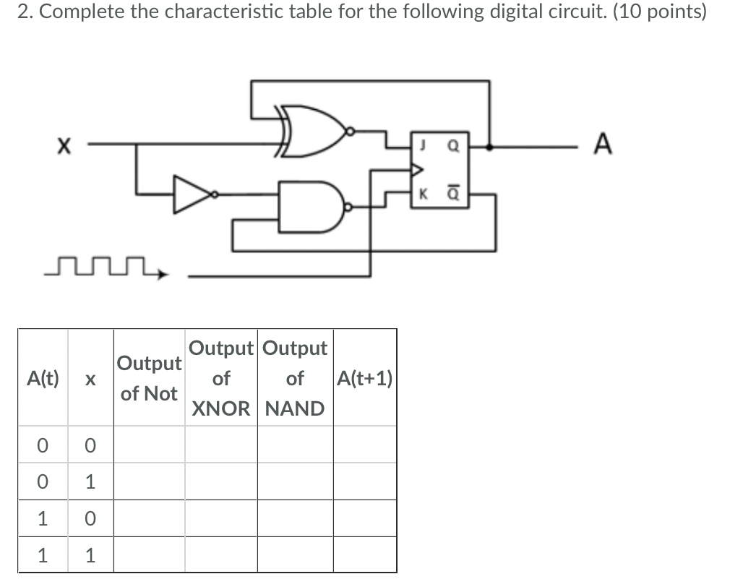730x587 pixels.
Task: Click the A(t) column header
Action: pos(43,378)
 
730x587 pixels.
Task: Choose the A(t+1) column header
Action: pos(365,378)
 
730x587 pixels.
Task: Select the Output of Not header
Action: pos(148,378)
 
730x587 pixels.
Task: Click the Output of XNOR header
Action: pos(221,378)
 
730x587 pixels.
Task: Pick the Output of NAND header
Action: pos(295,378)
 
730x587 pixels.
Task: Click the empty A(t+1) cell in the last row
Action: pos(365,555)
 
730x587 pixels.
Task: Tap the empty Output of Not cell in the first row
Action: pos(148,445)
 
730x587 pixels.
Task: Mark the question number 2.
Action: pos(22,12)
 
